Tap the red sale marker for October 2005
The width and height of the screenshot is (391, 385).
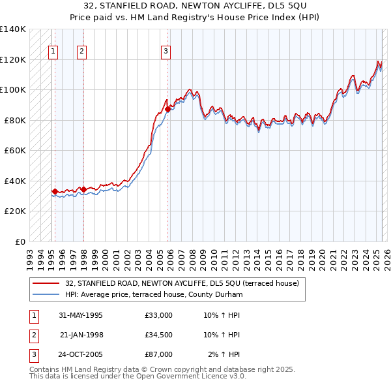[x=167, y=110]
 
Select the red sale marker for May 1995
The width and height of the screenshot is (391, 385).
[x=55, y=191]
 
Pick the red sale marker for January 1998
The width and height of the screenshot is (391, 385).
[x=83, y=189]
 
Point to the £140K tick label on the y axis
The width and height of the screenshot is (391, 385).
[x=13, y=29]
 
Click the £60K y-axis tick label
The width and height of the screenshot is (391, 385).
[x=15, y=150]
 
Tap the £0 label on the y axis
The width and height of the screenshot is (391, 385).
[x=20, y=241]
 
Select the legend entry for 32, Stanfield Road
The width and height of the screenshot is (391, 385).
[x=182, y=283]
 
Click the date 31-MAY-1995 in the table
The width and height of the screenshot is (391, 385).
[x=81, y=315]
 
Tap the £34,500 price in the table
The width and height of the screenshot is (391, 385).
[x=159, y=335]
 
